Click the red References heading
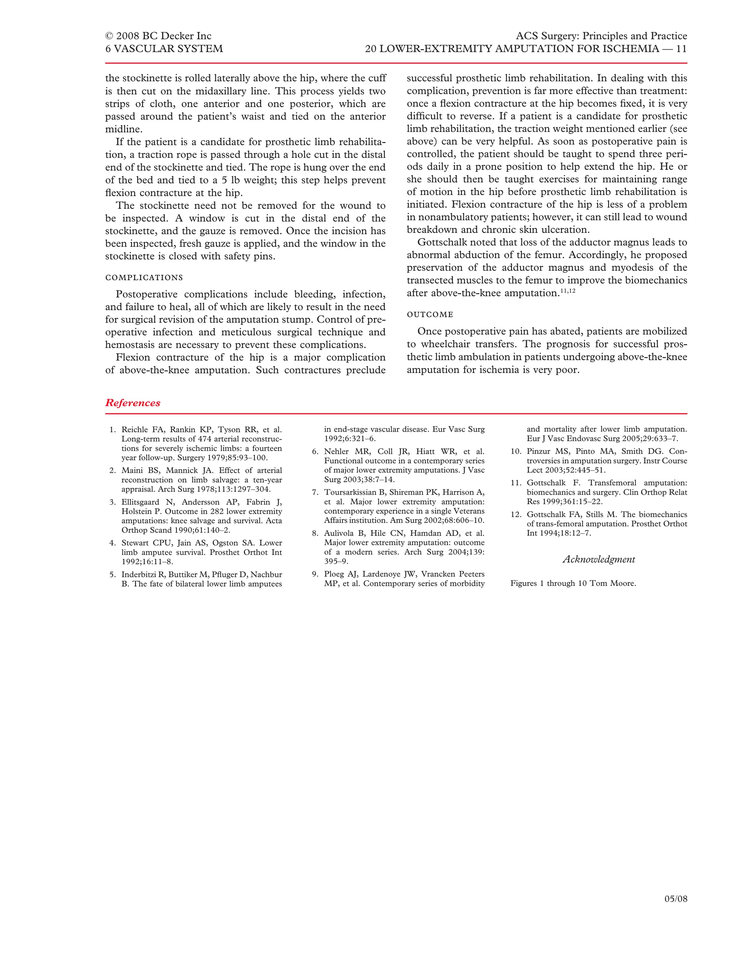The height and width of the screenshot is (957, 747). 132,403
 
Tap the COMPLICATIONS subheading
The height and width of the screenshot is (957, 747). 144,278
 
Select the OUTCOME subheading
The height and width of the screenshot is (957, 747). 430,315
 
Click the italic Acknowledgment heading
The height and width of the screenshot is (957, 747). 599,560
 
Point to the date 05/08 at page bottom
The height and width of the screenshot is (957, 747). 676,899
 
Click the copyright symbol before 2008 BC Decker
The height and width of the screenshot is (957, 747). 109,36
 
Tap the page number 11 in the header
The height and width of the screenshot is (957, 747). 681,48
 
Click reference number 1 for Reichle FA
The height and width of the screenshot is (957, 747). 113,430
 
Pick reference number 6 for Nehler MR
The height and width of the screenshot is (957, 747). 315,452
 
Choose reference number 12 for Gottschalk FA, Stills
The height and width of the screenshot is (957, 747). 516,515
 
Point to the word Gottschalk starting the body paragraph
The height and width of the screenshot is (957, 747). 442,242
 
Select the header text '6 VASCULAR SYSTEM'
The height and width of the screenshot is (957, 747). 164,48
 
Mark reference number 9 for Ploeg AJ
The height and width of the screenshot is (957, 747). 315,575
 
